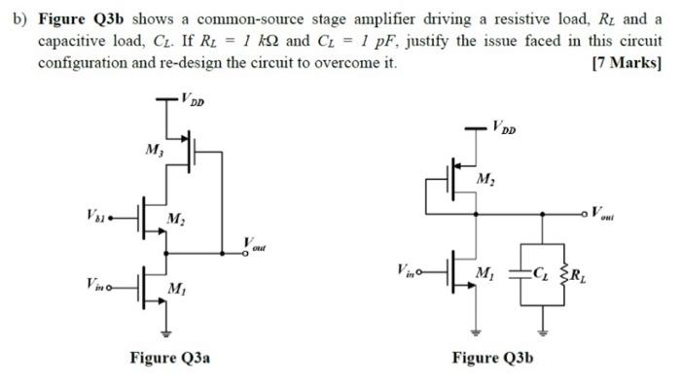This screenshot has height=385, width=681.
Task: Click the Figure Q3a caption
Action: point(170,357)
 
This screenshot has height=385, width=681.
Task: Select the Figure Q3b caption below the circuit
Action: point(492,357)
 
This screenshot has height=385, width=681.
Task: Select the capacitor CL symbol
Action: point(530,272)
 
